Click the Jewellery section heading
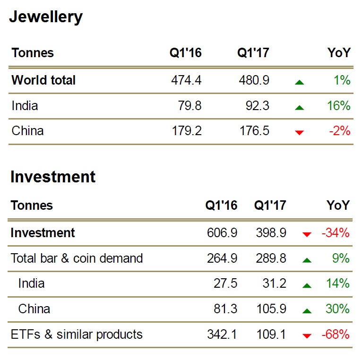pyautogui.click(x=46, y=17)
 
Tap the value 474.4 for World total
pyautogui.click(x=186, y=80)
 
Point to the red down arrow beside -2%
pyautogui.click(x=299, y=132)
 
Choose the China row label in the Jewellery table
pyautogui.click(x=27, y=131)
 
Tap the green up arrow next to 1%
pyautogui.click(x=299, y=82)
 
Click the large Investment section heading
pyautogui.click(x=52, y=177)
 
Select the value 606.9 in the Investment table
pyautogui.click(x=222, y=233)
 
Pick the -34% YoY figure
pyautogui.click(x=335, y=233)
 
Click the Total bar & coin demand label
pyautogui.click(x=77, y=258)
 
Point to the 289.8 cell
pyautogui.click(x=270, y=258)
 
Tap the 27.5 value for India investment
pyautogui.click(x=226, y=283)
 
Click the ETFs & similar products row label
pyautogui.click(x=76, y=334)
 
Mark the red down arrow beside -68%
pyautogui.click(x=307, y=336)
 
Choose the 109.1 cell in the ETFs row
pyautogui.click(x=270, y=334)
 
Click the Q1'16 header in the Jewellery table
pyautogui.click(x=186, y=53)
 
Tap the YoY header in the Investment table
pyautogui.click(x=338, y=206)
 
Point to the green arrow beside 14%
pyautogui.click(x=307, y=285)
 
